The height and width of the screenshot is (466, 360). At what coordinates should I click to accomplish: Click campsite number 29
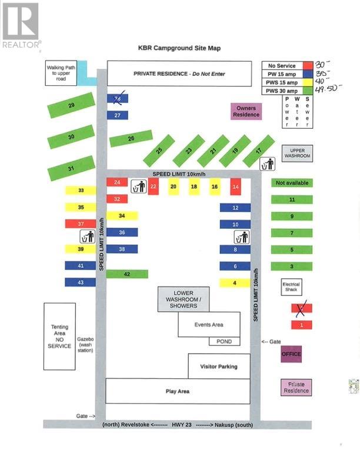71,105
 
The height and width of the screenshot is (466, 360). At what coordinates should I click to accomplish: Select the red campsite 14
235,187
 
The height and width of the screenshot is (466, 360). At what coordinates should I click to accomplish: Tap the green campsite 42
127,274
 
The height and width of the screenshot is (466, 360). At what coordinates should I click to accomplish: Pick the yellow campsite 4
235,283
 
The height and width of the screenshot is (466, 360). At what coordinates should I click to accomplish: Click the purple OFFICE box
291,354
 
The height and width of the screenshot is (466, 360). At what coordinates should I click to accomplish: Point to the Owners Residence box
246,111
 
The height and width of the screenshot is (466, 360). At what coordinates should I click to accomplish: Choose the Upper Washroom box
297,153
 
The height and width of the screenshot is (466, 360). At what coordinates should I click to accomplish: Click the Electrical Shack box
291,287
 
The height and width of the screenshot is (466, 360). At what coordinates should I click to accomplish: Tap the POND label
224,341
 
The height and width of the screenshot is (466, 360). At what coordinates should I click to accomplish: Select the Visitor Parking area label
219,367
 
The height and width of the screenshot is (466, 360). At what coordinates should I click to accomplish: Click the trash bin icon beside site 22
138,187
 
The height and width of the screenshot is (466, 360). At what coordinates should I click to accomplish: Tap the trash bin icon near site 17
267,164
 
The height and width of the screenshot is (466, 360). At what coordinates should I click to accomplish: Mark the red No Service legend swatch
307,66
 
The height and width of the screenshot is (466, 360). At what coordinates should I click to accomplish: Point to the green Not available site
292,183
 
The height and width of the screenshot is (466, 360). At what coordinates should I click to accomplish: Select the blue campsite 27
118,115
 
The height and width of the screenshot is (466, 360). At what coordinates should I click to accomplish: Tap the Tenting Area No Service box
59,337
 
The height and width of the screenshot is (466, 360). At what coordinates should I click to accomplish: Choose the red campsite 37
80,224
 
